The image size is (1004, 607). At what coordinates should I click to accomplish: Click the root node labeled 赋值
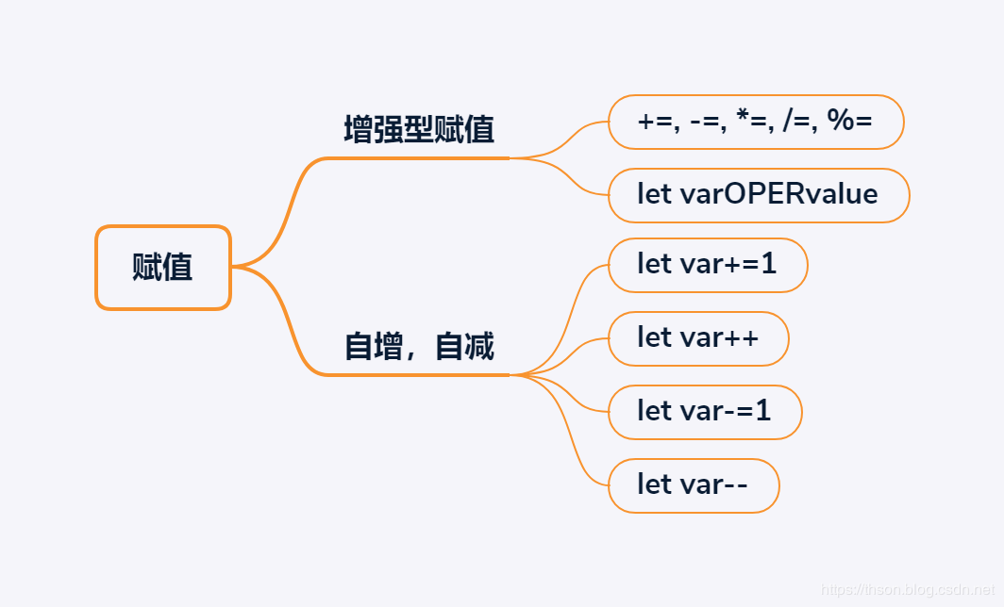(x=163, y=268)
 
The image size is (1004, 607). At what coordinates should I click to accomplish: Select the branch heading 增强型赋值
(x=419, y=130)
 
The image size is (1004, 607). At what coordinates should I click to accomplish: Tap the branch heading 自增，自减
(x=419, y=347)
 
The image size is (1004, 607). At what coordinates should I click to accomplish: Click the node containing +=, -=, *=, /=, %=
(x=756, y=123)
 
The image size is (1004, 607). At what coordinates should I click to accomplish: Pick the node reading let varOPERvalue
(x=759, y=196)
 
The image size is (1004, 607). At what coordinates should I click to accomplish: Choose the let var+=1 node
(x=708, y=266)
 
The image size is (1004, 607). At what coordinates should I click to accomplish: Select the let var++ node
(x=698, y=339)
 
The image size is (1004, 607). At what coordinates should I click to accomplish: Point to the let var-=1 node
(x=705, y=413)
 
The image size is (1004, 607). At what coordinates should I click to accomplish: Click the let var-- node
(x=694, y=486)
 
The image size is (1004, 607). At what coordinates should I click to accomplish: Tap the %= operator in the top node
(x=849, y=120)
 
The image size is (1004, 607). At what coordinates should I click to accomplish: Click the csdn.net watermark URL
(x=908, y=589)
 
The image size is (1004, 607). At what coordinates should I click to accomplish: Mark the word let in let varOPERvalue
(x=654, y=194)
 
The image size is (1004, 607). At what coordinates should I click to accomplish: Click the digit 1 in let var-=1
(x=762, y=411)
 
